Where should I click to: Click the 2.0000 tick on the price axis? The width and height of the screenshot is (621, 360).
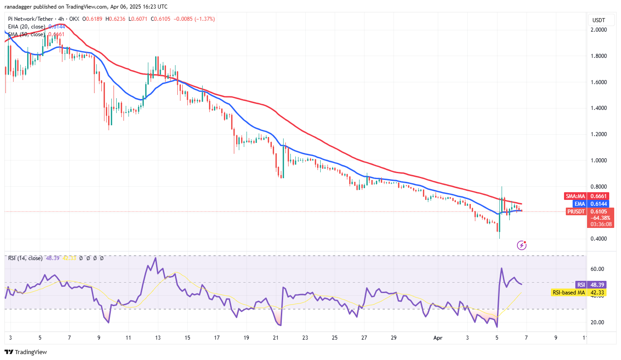(x=600, y=30)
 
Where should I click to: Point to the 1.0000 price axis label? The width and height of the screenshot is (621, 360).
(x=600, y=161)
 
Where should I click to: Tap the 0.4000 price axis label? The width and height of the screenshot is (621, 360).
(x=600, y=239)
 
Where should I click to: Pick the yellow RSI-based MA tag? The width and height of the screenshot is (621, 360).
(x=569, y=293)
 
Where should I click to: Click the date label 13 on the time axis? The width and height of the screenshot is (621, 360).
(x=158, y=337)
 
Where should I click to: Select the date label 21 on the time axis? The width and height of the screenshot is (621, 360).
(x=275, y=337)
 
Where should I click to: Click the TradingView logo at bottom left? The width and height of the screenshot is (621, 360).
(x=26, y=352)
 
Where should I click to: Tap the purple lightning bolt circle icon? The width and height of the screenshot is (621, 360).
(x=521, y=245)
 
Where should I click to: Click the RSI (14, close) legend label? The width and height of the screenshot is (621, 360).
(x=25, y=258)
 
